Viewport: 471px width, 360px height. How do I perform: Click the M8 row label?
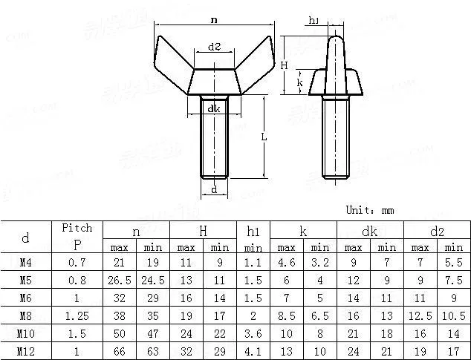(25, 315)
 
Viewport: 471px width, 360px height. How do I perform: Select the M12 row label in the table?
(25, 350)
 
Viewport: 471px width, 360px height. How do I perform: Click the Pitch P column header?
(77, 238)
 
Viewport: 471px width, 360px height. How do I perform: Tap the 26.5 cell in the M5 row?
(120, 280)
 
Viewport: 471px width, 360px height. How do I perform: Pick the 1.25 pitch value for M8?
(77, 315)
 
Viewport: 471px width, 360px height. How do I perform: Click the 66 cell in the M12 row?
(120, 350)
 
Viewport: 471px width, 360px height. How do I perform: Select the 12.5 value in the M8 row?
(420, 315)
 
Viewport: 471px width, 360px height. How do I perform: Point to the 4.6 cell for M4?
(287, 262)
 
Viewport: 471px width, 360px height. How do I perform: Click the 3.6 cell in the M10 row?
(253, 333)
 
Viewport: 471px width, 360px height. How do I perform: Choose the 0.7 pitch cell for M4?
(77, 262)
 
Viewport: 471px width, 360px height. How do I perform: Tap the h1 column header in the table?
(253, 232)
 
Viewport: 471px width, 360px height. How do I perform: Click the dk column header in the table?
(370, 232)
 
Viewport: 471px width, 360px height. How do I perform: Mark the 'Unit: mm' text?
(370, 210)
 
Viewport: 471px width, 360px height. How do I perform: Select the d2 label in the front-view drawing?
(214, 47)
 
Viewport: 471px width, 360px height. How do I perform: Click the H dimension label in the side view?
(284, 65)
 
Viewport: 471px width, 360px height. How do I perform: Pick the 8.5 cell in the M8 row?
(287, 315)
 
